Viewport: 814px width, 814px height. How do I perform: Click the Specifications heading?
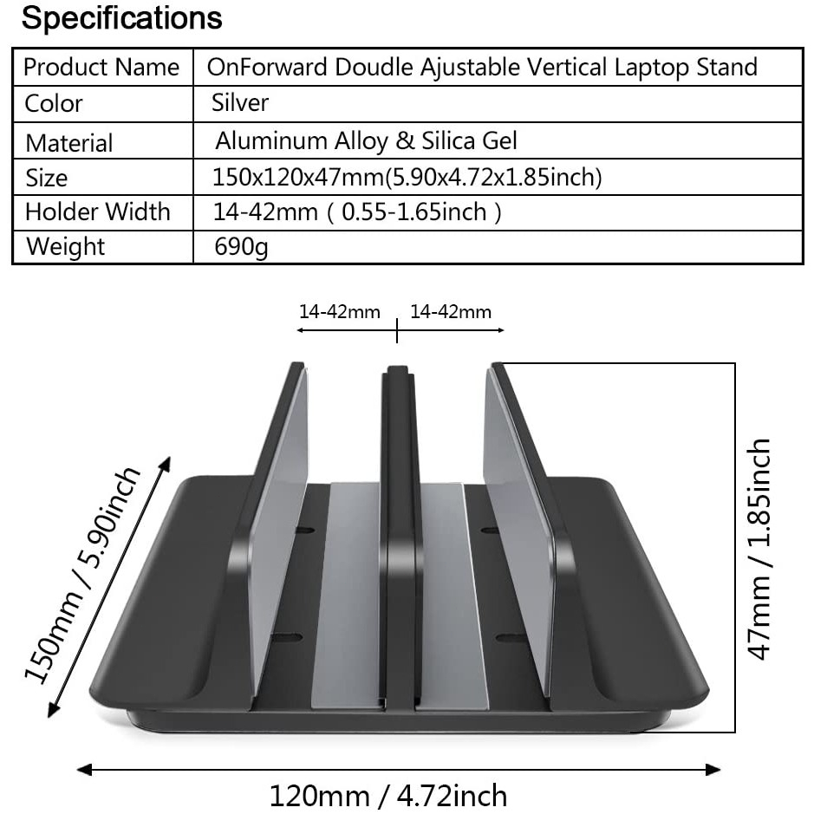(x=122, y=19)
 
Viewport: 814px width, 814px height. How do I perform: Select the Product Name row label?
(x=101, y=67)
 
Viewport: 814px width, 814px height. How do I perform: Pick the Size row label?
(x=46, y=178)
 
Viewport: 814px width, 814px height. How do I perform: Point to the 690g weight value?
(x=241, y=247)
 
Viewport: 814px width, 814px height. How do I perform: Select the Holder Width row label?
(x=98, y=212)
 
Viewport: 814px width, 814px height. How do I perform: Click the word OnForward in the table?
(x=267, y=67)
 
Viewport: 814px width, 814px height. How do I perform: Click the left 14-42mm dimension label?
(x=340, y=312)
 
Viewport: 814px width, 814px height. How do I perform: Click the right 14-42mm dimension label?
(x=451, y=312)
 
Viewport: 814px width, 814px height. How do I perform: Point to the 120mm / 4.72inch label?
(x=387, y=796)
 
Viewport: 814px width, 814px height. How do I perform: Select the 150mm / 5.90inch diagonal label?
(x=82, y=576)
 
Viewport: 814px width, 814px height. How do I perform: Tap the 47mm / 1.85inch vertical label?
(x=759, y=549)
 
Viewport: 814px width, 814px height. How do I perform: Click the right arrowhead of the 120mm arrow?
(x=713, y=769)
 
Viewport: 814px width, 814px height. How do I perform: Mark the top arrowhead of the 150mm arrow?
(x=166, y=464)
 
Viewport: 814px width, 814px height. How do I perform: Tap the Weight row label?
(x=65, y=246)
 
